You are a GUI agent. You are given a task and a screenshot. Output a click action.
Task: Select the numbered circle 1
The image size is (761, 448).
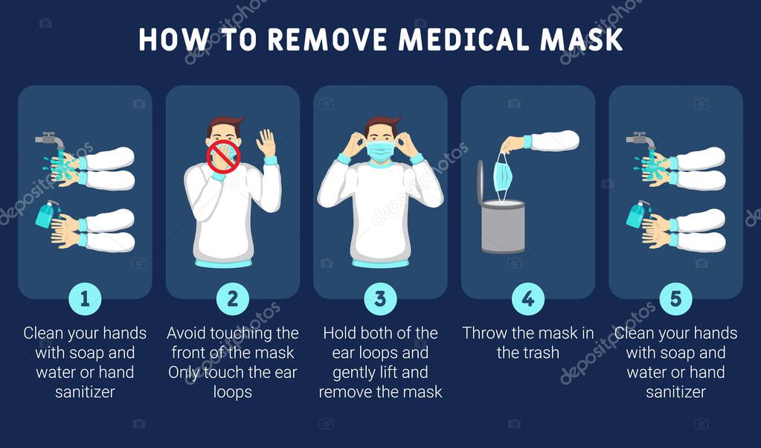click(x=85, y=299)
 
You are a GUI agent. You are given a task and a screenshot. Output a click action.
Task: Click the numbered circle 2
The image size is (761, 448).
click(x=232, y=299)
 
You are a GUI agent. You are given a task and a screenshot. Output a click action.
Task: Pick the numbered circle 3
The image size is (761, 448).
click(x=380, y=299)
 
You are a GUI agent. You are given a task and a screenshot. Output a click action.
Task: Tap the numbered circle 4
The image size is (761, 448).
click(x=528, y=299)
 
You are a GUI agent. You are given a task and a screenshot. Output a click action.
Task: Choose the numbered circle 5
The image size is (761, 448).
click(x=675, y=299)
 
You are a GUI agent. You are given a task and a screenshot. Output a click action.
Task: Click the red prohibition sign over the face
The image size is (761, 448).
click(x=223, y=157)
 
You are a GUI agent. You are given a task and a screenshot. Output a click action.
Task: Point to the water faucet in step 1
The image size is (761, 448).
click(x=49, y=139)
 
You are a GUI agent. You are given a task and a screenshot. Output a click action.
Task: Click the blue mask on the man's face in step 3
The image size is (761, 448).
click(x=380, y=151)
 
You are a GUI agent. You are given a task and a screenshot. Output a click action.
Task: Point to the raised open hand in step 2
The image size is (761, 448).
click(x=266, y=142)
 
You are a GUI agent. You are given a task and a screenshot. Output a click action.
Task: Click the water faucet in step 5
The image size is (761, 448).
click(x=640, y=139)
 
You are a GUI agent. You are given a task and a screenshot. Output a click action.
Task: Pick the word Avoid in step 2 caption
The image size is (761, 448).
click(x=187, y=333)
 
